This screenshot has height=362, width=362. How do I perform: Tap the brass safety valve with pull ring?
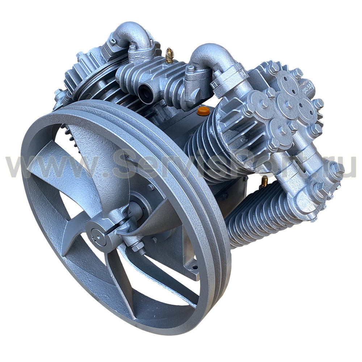click(x=169, y=56)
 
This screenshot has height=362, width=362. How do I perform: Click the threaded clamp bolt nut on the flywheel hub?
click(x=137, y=246)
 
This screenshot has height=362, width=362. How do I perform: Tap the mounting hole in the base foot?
click(x=195, y=268)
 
